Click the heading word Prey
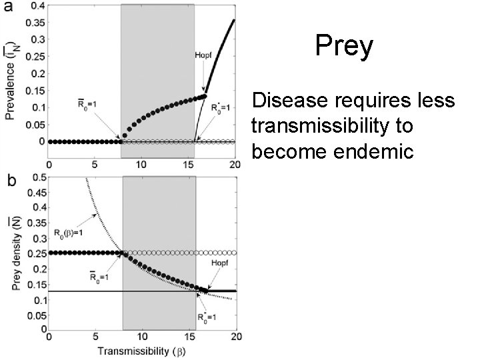pos(344,47)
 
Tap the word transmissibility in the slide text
pos(317,126)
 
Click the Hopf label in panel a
pos(203,55)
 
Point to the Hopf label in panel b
pos(220,263)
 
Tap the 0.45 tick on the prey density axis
pos(37,193)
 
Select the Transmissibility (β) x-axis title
pos(141,351)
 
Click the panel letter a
pos(8,7)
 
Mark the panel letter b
pos(11,181)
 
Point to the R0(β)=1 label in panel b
pos(68,233)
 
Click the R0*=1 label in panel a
pos(220,108)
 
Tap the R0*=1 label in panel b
pos(207,317)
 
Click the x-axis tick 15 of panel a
pos(188,165)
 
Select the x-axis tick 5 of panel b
pos(95,337)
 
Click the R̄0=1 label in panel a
pos(87,105)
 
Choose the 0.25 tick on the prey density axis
pos(37,253)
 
